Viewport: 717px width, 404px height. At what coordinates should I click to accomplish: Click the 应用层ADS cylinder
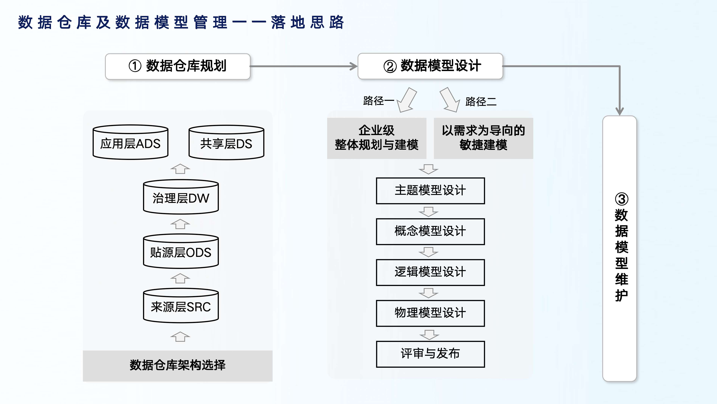(130, 143)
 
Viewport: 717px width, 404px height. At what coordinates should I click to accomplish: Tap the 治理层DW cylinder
(181, 197)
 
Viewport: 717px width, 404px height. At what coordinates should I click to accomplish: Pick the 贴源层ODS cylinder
(181, 252)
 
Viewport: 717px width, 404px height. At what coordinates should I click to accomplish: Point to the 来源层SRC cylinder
(181, 306)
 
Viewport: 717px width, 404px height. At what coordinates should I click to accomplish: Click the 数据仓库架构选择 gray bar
(178, 365)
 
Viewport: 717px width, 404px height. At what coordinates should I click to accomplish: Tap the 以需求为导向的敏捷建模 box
(483, 138)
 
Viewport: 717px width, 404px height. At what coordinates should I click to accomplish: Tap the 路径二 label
(481, 102)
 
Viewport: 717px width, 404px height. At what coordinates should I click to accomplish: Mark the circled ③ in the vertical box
(621, 199)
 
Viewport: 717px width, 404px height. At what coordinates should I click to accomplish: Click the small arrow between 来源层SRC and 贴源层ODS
(180, 278)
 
